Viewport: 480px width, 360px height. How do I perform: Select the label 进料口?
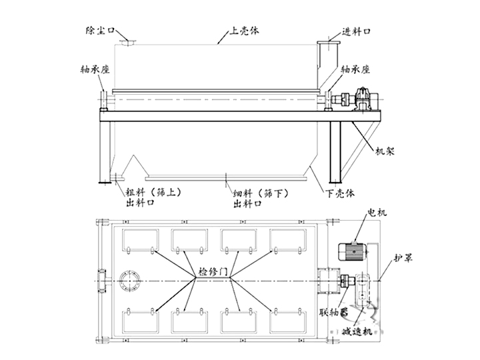tap(356, 31)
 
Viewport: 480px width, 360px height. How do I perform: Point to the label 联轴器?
tap(334, 311)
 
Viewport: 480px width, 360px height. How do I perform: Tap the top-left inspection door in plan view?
tap(141, 240)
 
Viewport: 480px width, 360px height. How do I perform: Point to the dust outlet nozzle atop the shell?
tap(126, 42)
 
